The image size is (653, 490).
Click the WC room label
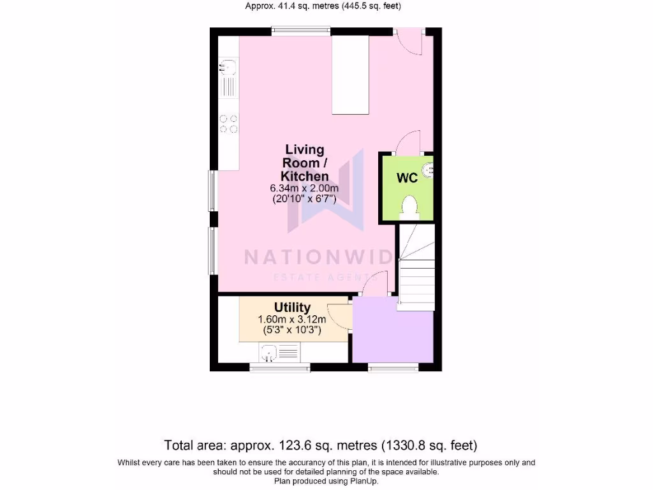click(x=407, y=178)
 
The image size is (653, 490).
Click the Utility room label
click(x=292, y=308)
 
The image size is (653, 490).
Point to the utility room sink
click(x=269, y=352)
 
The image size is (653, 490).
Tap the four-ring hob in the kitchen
click(x=229, y=123)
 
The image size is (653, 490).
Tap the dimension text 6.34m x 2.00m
click(x=304, y=188)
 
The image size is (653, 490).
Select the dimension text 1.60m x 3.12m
click(x=292, y=320)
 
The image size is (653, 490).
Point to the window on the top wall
click(x=300, y=29)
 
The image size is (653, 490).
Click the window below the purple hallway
click(x=393, y=367)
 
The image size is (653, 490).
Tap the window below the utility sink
click(x=279, y=367)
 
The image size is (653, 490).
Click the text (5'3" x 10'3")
click(x=292, y=330)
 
